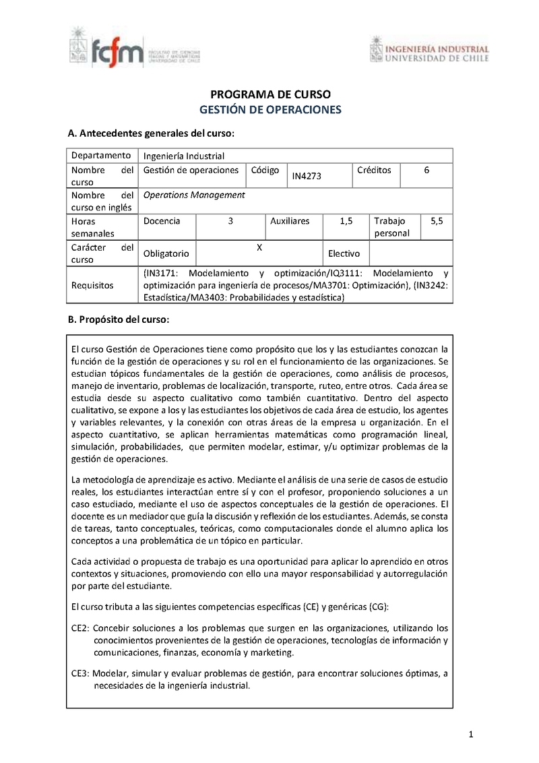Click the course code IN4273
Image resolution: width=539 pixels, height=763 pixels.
click(307, 176)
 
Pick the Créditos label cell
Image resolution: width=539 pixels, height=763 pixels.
click(374, 171)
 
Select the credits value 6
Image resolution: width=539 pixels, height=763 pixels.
click(426, 171)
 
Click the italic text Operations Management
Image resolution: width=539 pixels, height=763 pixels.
click(195, 195)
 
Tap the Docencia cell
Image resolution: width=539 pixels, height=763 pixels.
click(162, 220)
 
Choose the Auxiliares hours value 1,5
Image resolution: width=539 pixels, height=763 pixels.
click(346, 220)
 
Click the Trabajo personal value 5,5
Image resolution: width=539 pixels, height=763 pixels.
click(436, 220)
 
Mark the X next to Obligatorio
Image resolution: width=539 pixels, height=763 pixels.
click(259, 247)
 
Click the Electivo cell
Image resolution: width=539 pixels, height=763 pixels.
click(344, 254)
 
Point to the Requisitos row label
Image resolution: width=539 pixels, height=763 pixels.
click(92, 285)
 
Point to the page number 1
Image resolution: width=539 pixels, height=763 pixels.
click(471, 734)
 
